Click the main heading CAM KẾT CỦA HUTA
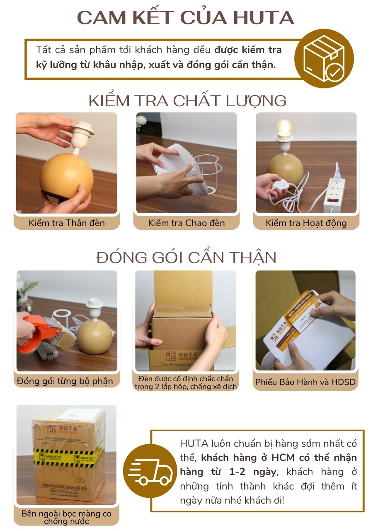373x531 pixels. [186, 18]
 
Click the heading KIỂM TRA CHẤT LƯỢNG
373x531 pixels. [187, 101]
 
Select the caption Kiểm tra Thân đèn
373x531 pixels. [67, 223]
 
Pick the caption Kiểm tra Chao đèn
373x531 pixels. [186, 223]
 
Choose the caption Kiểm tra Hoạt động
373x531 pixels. [306, 223]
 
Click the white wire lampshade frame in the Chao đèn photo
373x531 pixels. [209, 174]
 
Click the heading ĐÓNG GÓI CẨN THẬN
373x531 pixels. [186, 258]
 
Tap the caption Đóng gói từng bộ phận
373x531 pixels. [65, 381]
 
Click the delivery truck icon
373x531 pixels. [150, 471]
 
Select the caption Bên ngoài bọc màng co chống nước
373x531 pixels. [66, 517]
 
